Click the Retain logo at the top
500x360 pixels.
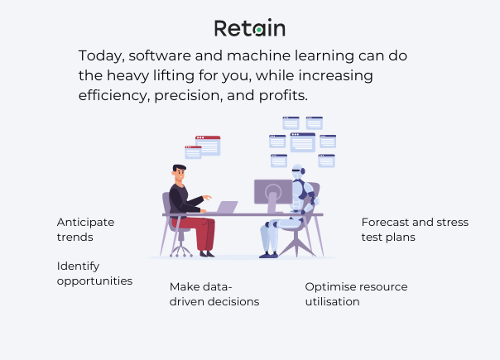249,28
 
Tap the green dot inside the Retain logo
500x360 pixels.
259,30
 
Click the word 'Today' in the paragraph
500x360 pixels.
99,55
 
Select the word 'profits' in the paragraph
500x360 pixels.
281,95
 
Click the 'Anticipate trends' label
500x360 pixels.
85,229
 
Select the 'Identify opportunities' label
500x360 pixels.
94,273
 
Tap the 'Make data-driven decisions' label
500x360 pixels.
214,294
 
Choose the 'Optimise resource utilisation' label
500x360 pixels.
356,294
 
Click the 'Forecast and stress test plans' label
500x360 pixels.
415,229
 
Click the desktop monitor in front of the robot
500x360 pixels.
272,194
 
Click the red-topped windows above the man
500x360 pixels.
204,146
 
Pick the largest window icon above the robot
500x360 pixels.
302,142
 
